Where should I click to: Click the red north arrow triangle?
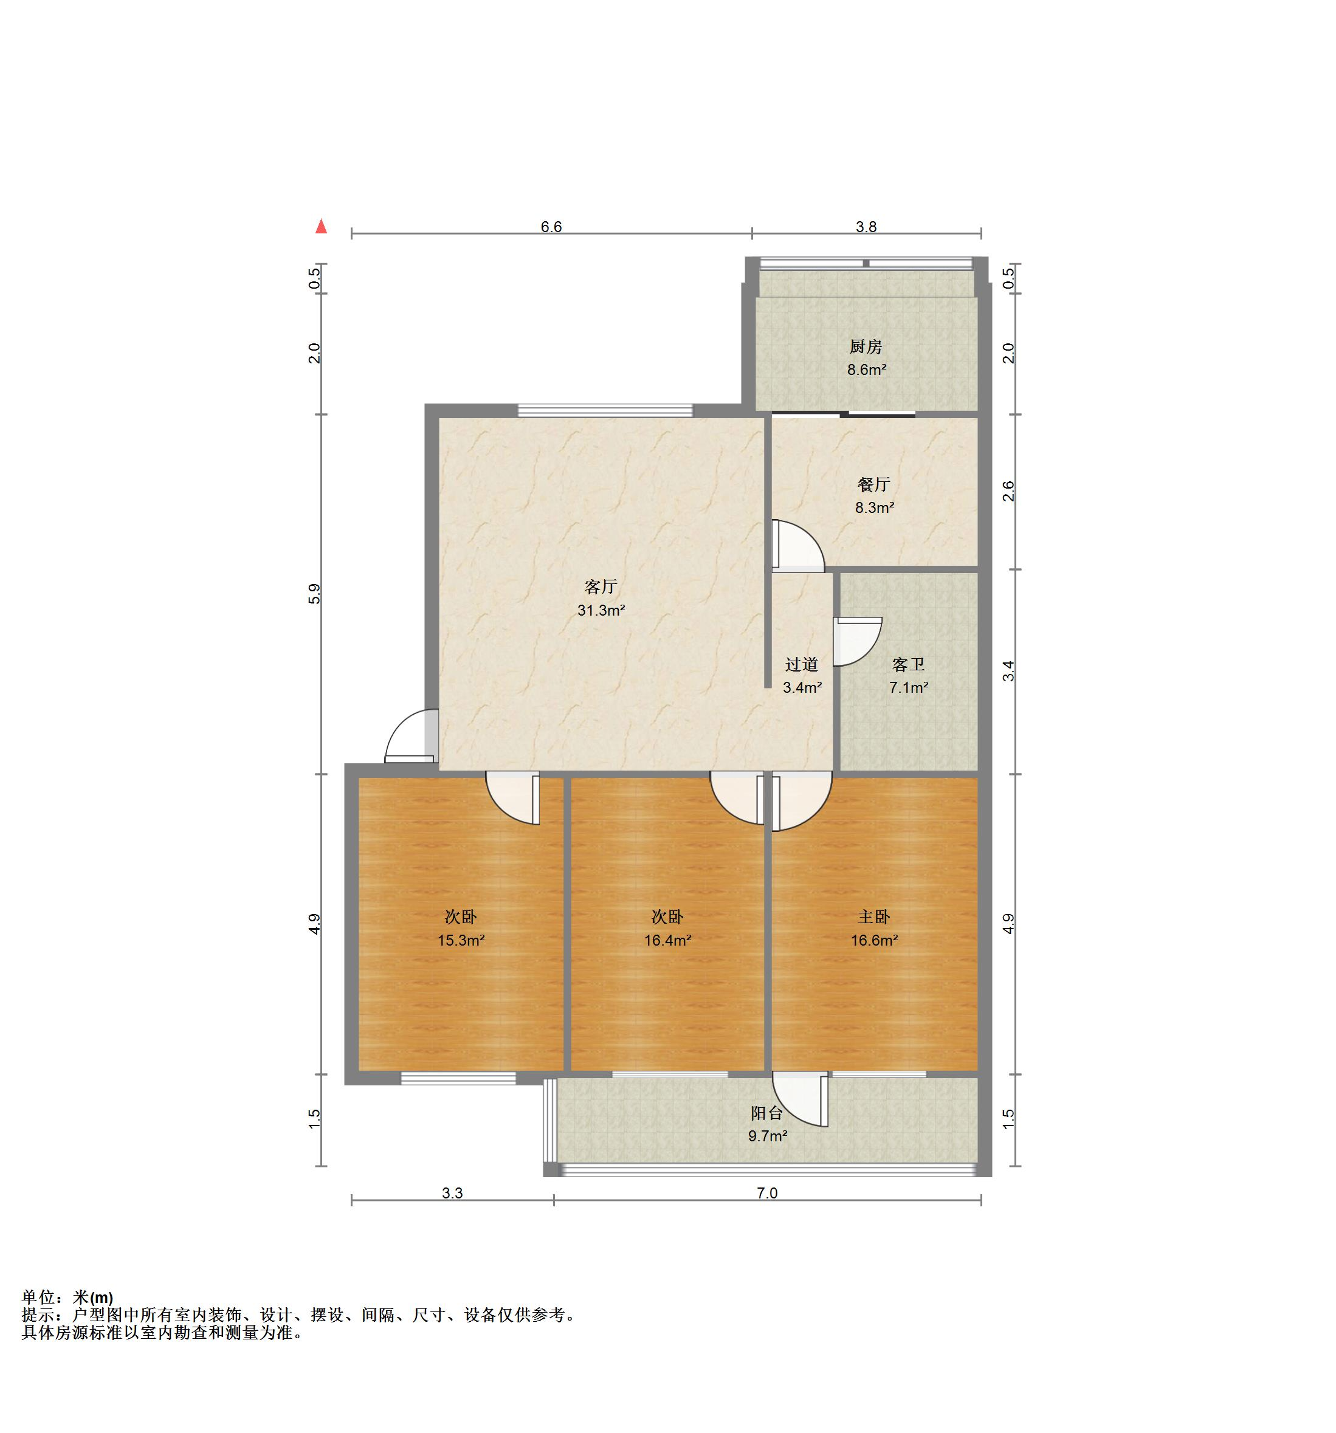(321, 227)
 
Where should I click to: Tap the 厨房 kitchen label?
(865, 347)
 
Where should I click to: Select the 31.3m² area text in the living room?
(601, 611)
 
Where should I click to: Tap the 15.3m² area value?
(461, 941)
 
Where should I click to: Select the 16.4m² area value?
(667, 941)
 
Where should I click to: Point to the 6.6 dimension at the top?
(551, 227)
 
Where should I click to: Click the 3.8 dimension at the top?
(866, 227)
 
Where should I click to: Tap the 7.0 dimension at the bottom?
(767, 1193)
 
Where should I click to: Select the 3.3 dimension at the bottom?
(452, 1193)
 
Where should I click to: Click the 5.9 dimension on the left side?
(314, 593)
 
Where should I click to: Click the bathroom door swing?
(856, 641)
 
